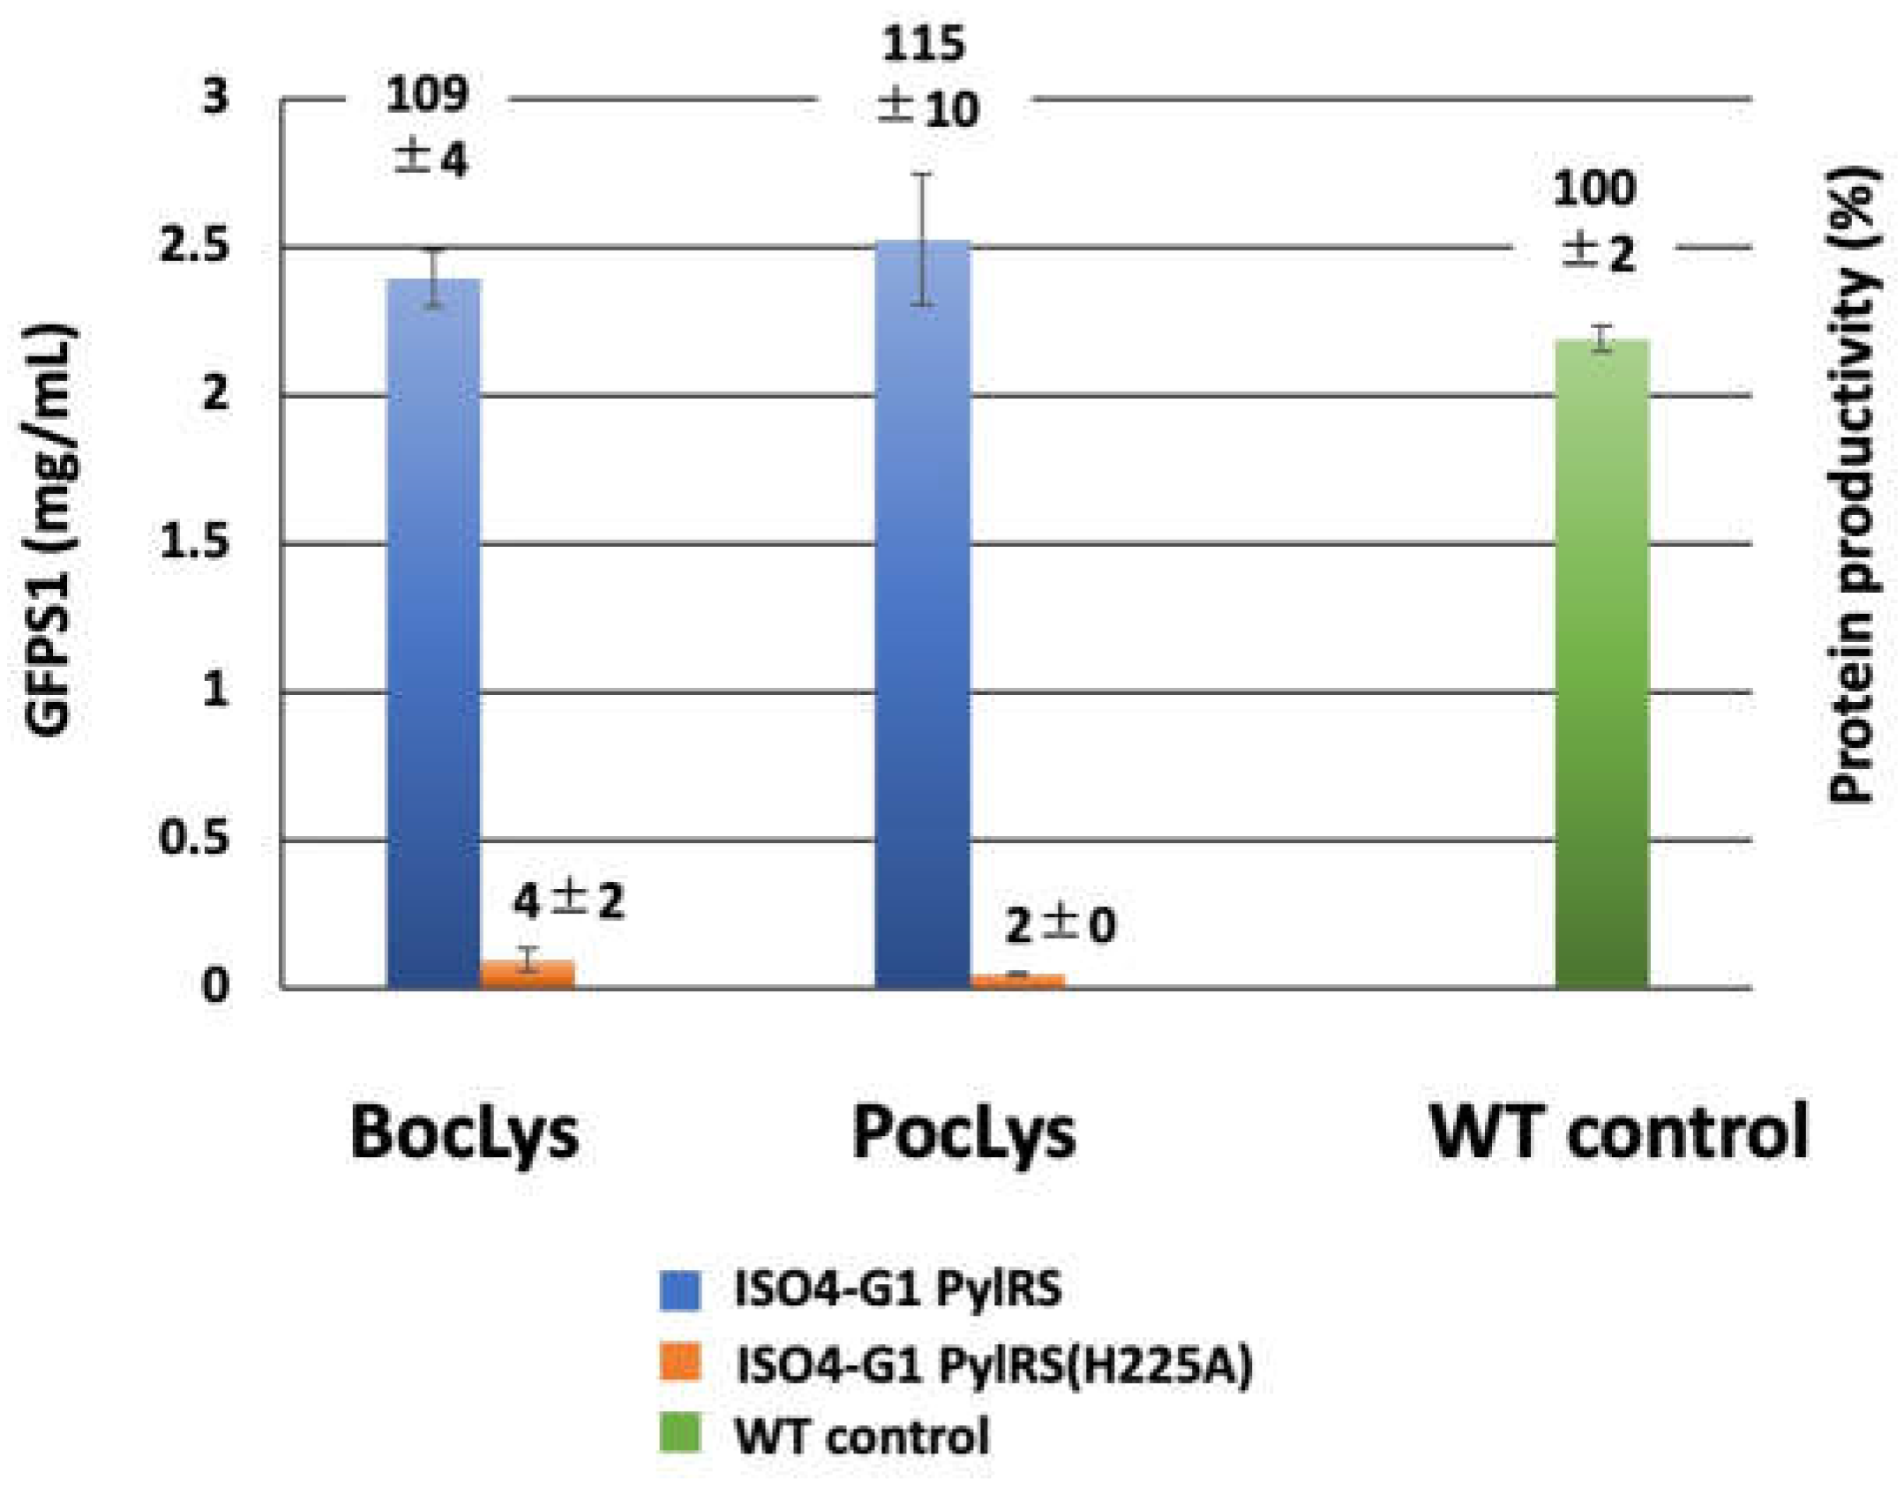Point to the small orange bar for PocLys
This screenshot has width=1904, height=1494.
pos(1018,981)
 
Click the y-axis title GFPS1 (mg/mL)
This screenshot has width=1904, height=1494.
pos(50,529)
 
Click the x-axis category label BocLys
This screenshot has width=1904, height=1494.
pos(464,1132)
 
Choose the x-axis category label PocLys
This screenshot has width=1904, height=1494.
pos(963,1132)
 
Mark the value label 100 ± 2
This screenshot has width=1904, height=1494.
pos(1595,221)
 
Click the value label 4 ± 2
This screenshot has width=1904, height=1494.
pos(569,902)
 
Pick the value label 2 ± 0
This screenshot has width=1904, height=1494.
pos(1060,926)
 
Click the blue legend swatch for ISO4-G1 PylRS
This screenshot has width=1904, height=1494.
pos(679,1290)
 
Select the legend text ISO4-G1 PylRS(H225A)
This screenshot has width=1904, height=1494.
pos(993,1365)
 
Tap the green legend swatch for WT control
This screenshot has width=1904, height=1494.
pos(679,1435)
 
